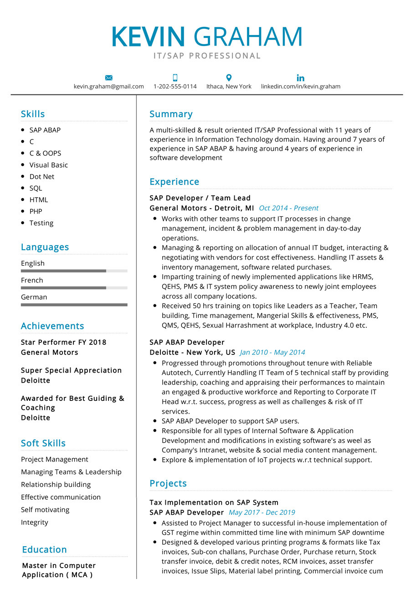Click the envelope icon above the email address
click(x=108, y=78)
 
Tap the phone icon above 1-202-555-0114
click(x=175, y=78)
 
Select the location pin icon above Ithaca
click(x=229, y=78)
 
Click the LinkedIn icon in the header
click(x=300, y=78)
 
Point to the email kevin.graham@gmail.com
click(x=108, y=87)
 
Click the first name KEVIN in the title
click(x=148, y=37)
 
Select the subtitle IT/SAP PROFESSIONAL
click(x=207, y=56)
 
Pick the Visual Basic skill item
click(x=48, y=165)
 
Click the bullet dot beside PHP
click(x=23, y=211)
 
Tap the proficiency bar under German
click(x=74, y=305)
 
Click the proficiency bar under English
click(x=74, y=271)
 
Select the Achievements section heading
click(x=52, y=326)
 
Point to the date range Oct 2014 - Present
click(x=288, y=208)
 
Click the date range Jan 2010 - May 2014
click(x=272, y=352)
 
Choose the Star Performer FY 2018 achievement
click(x=63, y=342)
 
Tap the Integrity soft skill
click(x=34, y=522)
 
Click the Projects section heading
click(x=168, y=483)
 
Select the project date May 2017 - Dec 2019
click(x=262, y=512)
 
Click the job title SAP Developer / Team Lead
click(x=200, y=198)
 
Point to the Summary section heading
click(x=171, y=114)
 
